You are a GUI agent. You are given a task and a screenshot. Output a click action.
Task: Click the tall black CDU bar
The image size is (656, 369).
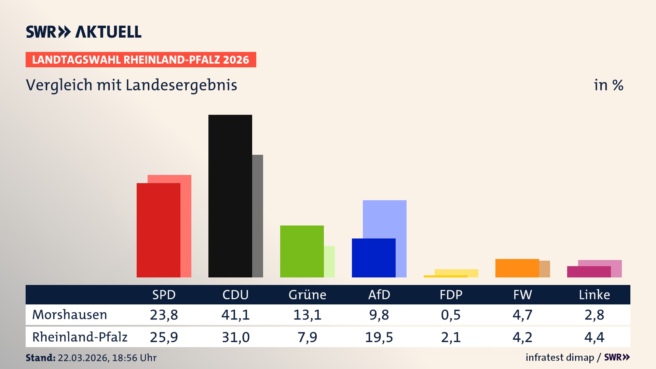[230, 196]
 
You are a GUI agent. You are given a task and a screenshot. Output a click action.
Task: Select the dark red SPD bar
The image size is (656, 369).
[158, 230]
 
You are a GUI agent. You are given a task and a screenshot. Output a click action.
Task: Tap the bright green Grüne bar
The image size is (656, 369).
[302, 251]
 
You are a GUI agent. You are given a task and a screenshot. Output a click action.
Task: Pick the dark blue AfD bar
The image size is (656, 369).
[373, 258]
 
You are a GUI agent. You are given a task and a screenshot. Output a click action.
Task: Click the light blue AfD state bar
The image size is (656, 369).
[385, 219]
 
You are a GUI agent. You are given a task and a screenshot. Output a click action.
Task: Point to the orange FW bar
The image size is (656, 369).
[517, 268]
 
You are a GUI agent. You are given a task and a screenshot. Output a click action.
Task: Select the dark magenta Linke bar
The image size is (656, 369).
[589, 272]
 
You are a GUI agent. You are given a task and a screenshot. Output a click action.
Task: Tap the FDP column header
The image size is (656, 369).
[451, 295]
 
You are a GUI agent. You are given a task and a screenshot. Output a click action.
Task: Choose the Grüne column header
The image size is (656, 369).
[307, 295]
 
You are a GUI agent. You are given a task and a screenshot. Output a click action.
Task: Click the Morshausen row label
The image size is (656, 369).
[69, 315]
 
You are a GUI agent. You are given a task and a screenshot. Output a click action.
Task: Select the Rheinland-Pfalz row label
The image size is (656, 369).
[80, 337]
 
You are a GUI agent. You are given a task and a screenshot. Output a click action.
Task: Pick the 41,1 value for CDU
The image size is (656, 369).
[235, 315]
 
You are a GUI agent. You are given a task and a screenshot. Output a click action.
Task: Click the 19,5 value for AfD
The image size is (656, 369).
[379, 337]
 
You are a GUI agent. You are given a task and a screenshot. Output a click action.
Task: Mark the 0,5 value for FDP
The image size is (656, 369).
[451, 315]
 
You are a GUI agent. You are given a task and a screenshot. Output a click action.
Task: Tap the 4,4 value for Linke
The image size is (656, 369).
[594, 337]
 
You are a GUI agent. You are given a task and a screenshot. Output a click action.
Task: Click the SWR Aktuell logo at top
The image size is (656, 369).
[83, 32]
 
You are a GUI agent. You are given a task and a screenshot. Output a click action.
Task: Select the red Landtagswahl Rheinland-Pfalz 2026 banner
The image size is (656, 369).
[141, 60]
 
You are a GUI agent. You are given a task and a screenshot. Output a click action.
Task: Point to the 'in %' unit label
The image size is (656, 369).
[608, 85]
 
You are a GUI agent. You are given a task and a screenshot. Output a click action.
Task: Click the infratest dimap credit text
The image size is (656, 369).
[560, 357]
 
